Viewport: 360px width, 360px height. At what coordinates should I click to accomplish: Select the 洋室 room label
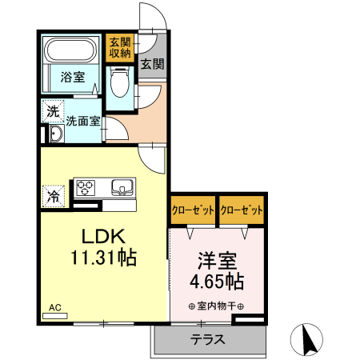tap(216, 261)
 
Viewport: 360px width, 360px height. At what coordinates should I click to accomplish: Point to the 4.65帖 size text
tap(216, 282)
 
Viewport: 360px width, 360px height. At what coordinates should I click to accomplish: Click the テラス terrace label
tap(207, 339)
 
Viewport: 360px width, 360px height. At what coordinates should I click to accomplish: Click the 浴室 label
tap(72, 78)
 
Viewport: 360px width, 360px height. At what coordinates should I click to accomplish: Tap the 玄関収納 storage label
tap(120, 48)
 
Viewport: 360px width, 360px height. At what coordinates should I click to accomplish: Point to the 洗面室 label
tap(82, 122)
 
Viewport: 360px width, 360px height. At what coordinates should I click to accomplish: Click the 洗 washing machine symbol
tap(53, 112)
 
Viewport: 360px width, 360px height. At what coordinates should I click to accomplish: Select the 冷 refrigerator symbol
tap(53, 194)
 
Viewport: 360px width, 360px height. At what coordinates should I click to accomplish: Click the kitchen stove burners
tap(86, 189)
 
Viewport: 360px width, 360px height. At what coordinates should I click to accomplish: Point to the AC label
tap(55, 306)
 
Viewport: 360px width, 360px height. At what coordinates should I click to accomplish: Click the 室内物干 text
tap(216, 306)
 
